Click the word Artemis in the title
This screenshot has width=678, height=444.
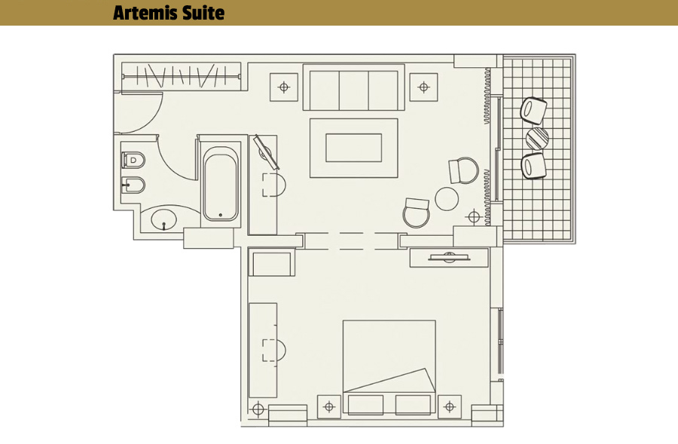145,13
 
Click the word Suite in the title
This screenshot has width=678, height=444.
203,13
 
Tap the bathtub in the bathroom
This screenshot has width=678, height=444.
221,183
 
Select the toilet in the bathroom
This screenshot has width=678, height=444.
133,160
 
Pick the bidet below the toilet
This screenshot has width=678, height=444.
133,185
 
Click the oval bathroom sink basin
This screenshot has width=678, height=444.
164,220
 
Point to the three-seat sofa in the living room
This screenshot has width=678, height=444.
354,88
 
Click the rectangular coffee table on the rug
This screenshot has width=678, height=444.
354,148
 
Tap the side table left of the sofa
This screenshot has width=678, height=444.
284,87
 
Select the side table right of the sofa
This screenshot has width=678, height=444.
423,87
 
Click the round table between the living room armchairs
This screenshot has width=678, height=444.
447,199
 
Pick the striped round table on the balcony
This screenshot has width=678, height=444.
537,138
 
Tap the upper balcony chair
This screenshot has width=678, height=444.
533,111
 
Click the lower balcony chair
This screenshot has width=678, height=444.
533,166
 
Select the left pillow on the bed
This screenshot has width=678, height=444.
365,405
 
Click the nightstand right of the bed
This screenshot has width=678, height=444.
450,407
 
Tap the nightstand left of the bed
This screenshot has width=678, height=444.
329,407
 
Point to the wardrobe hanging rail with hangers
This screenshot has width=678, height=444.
181,76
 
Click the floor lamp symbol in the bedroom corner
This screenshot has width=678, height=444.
258,409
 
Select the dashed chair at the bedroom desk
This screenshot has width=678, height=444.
273,350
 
